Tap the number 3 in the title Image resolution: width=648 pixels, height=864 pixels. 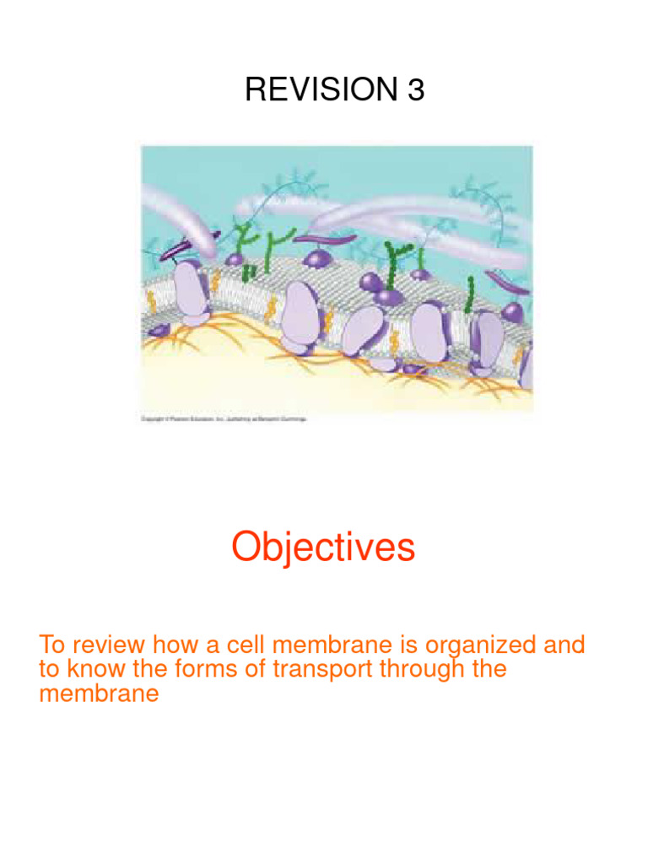tap(415, 89)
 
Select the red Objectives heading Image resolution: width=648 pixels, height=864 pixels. tap(323, 548)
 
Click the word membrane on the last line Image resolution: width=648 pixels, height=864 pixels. tap(99, 694)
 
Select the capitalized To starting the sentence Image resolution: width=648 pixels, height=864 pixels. tap(51, 645)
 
